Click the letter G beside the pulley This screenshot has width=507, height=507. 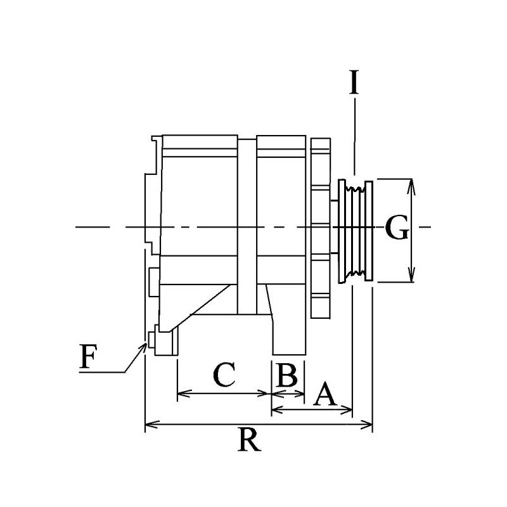[395, 230]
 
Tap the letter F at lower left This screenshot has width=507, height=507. [88, 359]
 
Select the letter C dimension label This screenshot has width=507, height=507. [224, 375]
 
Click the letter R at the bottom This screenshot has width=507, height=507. [250, 439]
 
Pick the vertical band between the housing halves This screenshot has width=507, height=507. [247, 222]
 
